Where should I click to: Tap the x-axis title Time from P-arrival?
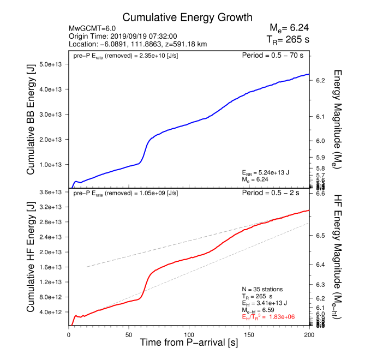188,343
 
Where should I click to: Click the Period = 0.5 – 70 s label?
273,55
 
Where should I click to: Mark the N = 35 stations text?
261,289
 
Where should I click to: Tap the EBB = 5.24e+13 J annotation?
266,172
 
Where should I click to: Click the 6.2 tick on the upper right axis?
320,80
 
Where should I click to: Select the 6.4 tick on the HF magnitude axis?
320,265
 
